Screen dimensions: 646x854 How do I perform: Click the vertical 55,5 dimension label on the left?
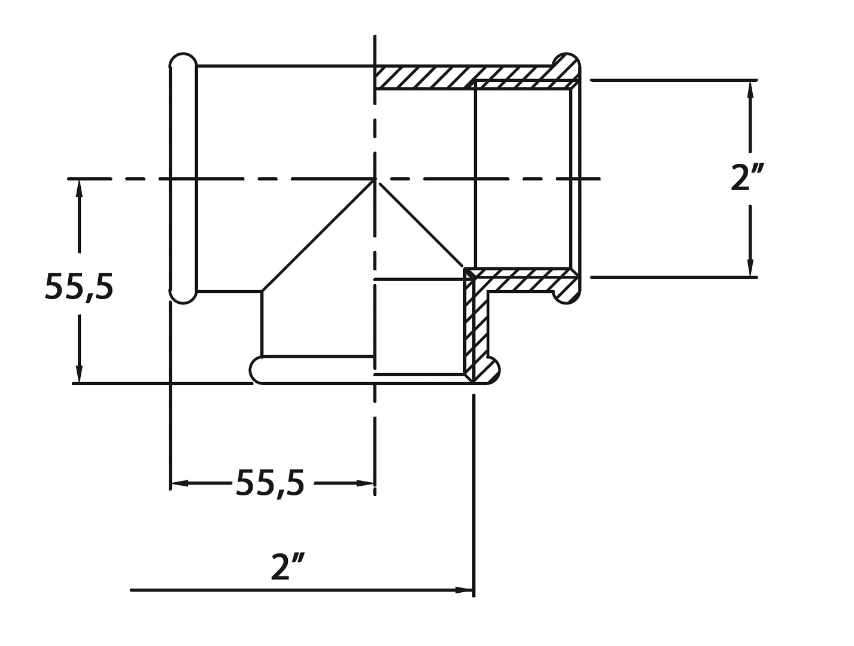click(x=79, y=288)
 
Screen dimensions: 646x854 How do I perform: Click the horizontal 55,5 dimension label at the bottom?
click(x=270, y=483)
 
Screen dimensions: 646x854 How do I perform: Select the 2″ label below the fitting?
click(x=288, y=566)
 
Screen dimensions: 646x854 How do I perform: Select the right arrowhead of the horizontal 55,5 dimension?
click(x=366, y=483)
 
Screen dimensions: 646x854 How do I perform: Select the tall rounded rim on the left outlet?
click(x=183, y=178)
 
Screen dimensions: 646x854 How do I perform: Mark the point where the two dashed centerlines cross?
click(x=375, y=178)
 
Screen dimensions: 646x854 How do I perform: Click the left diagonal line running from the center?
click(x=317, y=236)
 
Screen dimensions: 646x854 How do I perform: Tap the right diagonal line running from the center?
click(x=422, y=225)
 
